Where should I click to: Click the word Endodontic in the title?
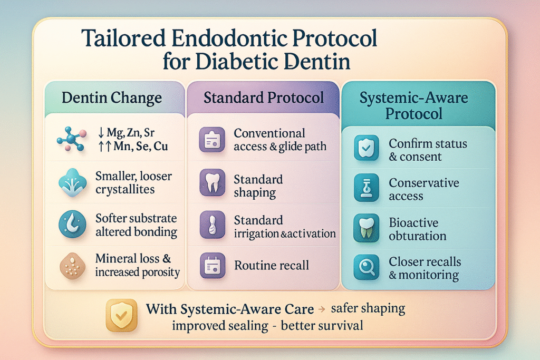click(x=229, y=38)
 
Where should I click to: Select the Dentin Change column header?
click(x=112, y=98)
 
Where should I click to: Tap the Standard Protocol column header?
click(x=264, y=98)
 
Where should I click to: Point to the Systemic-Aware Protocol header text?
click(x=413, y=105)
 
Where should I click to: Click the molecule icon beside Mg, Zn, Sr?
click(x=72, y=139)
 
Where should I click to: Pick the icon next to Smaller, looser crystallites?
click(x=72, y=183)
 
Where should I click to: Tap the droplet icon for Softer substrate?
click(x=72, y=225)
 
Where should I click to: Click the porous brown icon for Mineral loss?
click(x=72, y=266)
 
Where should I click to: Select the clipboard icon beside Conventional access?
click(x=212, y=140)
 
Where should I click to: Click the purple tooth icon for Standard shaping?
click(x=213, y=182)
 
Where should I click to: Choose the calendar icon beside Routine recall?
click(x=213, y=265)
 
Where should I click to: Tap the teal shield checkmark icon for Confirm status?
click(x=367, y=148)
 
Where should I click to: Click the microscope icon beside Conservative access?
click(x=367, y=188)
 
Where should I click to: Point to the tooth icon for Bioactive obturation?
click(x=367, y=228)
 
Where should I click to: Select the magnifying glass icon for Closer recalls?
click(x=367, y=267)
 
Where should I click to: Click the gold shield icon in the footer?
click(x=121, y=315)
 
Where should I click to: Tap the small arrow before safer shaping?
click(x=322, y=309)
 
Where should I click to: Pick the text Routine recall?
click(x=272, y=265)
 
